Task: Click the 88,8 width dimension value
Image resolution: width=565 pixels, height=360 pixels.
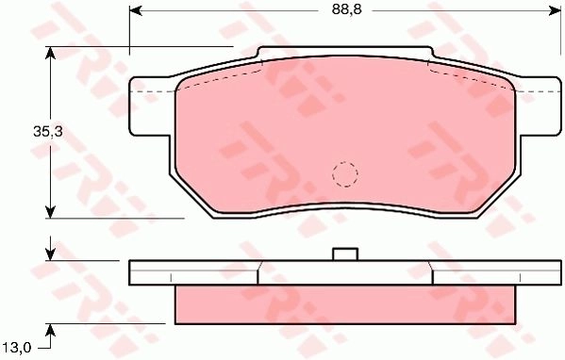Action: (x=346, y=9)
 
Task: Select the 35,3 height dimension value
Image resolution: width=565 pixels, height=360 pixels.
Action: (x=48, y=132)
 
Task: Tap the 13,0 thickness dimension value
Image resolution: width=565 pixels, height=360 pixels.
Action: (x=18, y=348)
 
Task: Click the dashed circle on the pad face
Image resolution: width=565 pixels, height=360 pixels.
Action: (x=345, y=174)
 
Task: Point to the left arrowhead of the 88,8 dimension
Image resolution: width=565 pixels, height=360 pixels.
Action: (x=136, y=11)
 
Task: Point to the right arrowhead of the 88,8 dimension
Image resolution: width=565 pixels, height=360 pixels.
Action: (x=555, y=11)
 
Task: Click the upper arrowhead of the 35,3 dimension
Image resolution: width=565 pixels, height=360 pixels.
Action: (x=50, y=53)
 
